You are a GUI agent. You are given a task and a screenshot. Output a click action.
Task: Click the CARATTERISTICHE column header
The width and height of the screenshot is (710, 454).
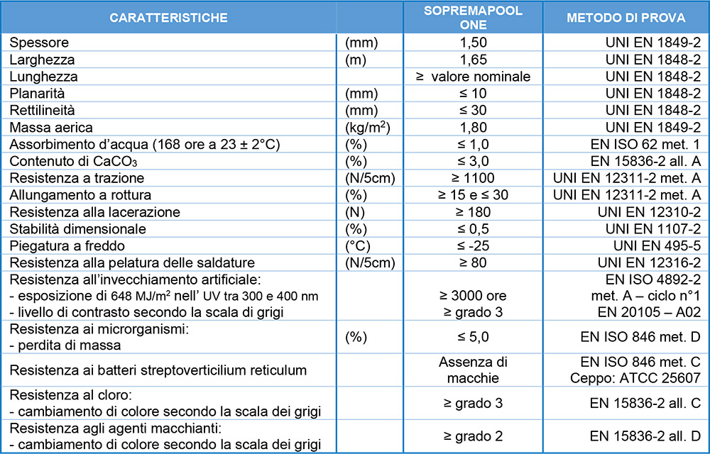pyautogui.click(x=169, y=17)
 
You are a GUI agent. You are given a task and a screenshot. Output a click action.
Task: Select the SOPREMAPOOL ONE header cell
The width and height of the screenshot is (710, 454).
pyautogui.click(x=474, y=17)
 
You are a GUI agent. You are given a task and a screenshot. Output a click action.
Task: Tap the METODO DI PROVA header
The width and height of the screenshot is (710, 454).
pyautogui.click(x=625, y=17)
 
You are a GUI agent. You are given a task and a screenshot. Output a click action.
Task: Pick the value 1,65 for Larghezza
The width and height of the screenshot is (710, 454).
pyautogui.click(x=474, y=60)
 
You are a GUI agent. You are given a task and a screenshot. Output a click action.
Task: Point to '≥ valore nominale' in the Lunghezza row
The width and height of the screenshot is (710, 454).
pyautogui.click(x=474, y=77)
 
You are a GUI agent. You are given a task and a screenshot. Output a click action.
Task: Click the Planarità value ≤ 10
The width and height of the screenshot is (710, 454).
pyautogui.click(x=474, y=94)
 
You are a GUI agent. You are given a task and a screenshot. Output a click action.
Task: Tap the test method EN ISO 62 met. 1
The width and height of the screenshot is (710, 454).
pyautogui.click(x=649, y=145)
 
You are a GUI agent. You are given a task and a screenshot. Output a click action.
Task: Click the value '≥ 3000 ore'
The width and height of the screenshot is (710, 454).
pyautogui.click(x=474, y=296)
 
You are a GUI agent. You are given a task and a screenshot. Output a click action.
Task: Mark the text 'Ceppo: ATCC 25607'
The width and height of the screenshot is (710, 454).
pyautogui.click(x=636, y=377)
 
